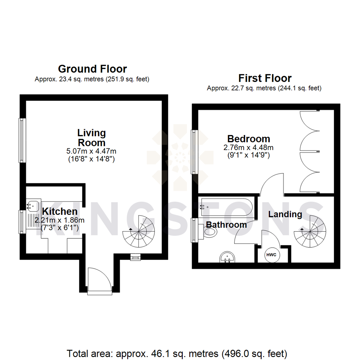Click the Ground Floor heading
tap(92, 69)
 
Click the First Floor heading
tap(265, 78)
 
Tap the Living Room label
tap(91, 138)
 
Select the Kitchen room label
tap(60, 211)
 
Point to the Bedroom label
tap(248, 138)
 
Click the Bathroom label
tap(226, 225)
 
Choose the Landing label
tap(285, 214)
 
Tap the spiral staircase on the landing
tap(310, 232)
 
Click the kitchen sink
tap(34, 206)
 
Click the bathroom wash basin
tap(228, 258)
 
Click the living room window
tap(22, 140)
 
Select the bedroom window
tap(194, 152)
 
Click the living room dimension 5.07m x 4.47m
tap(91, 151)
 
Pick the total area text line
tap(177, 353)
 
